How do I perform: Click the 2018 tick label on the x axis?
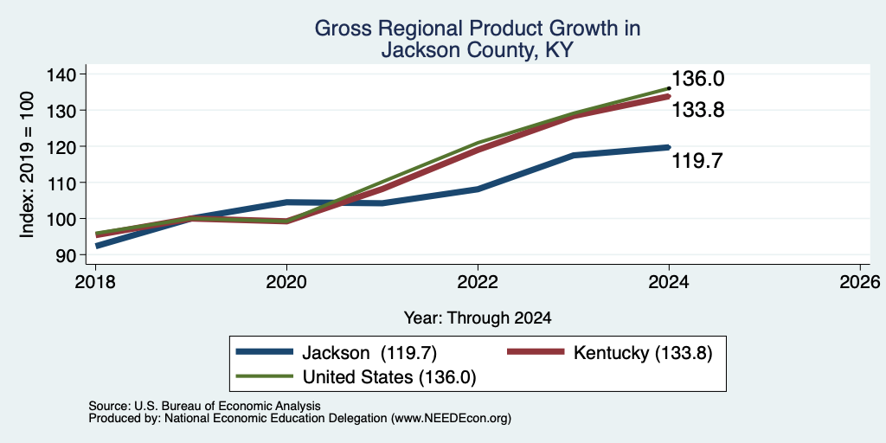pyautogui.click(x=95, y=282)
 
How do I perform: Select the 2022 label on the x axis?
pyautogui.click(x=478, y=282)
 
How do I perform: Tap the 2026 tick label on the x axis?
pyautogui.click(x=861, y=282)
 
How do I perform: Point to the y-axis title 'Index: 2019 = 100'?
pyautogui.click(x=27, y=164)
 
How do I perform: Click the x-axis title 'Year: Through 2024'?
pyautogui.click(x=478, y=318)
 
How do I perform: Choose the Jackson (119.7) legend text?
pyautogui.click(x=369, y=353)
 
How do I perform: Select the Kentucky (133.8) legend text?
pyautogui.click(x=643, y=353)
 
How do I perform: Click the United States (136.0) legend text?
pyautogui.click(x=389, y=377)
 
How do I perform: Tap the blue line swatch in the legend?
pyautogui.click(x=265, y=352)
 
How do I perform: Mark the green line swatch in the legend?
pyautogui.click(x=265, y=376)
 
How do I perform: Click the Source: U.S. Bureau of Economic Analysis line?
pyautogui.click(x=204, y=406)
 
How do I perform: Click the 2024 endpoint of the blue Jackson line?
pyautogui.click(x=669, y=147)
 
